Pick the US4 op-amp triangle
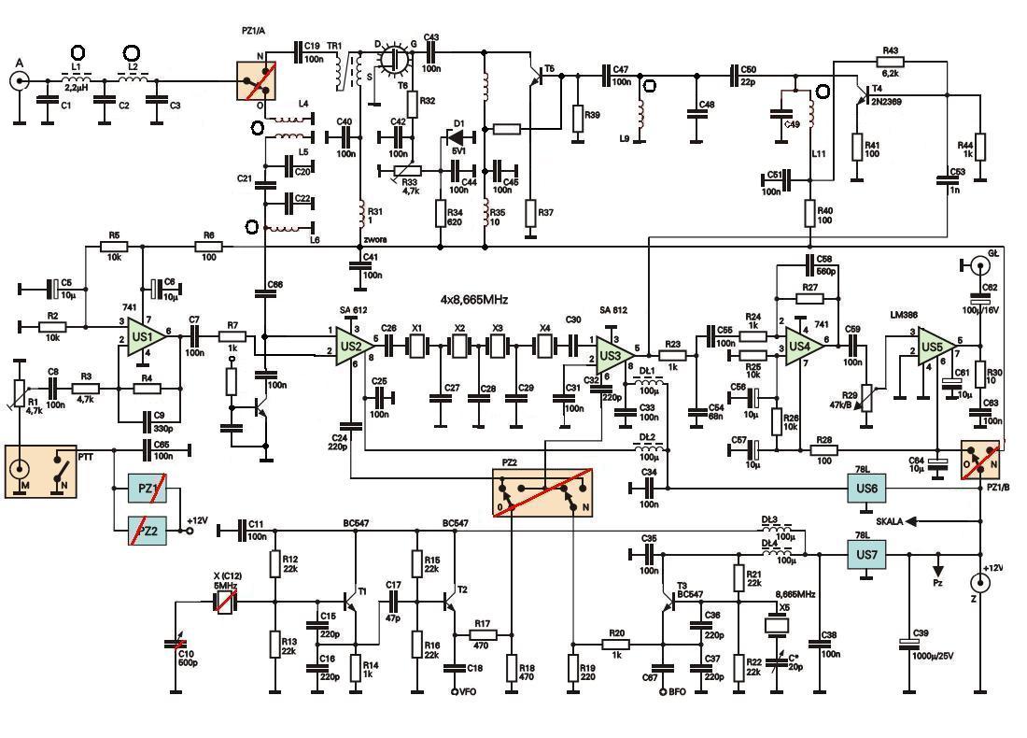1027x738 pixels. [x=801, y=345]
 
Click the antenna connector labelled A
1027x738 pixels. [x=18, y=80]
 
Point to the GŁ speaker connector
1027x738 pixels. [x=979, y=266]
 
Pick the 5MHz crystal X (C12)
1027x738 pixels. [x=224, y=601]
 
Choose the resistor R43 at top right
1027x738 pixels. [x=889, y=60]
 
